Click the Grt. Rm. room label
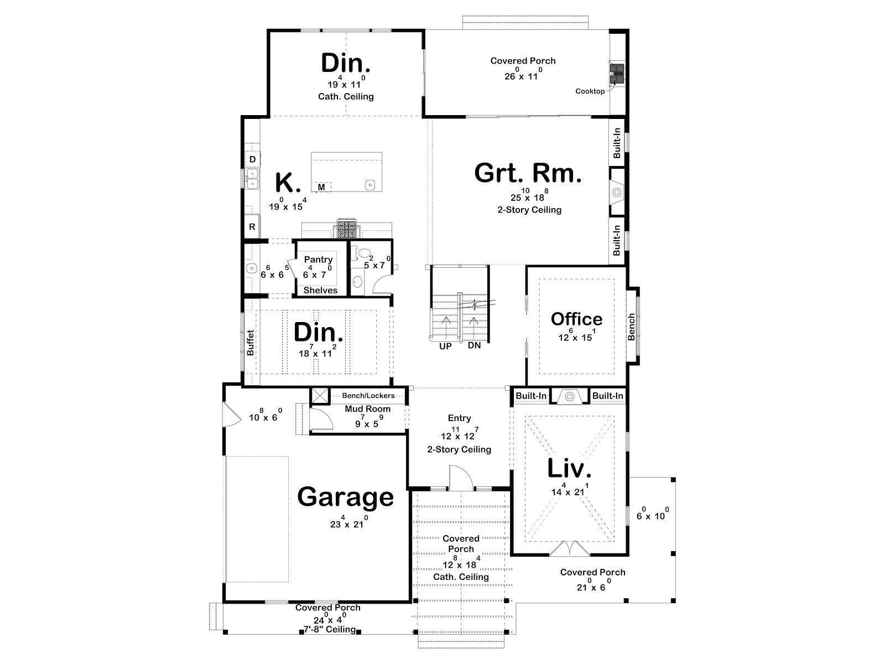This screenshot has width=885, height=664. (528, 173)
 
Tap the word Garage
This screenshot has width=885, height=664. (345, 497)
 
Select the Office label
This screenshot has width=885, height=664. (576, 319)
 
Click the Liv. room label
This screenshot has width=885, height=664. (569, 468)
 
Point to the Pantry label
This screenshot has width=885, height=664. (318, 259)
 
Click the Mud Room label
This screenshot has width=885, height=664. (367, 409)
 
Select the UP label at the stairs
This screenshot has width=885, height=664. (445, 346)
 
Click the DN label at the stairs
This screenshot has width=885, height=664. (474, 345)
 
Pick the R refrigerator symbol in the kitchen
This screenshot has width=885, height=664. (252, 226)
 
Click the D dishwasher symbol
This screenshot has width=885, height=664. (252, 159)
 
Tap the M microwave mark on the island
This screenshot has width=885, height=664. (321, 187)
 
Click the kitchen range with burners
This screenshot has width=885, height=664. (347, 229)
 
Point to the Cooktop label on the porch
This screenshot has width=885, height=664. (590, 91)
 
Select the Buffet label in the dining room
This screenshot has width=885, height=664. (251, 343)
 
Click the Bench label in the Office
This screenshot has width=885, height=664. (632, 326)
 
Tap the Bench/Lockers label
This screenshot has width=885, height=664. (368, 396)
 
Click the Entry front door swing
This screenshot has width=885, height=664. (461, 478)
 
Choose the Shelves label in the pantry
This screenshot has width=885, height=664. (320, 290)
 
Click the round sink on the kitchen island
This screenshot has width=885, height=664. (370, 185)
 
